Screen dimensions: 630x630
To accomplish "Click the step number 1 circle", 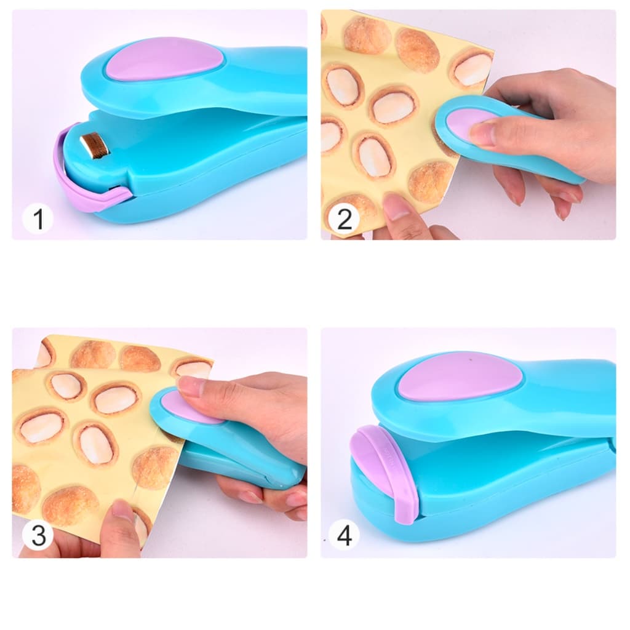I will pos(38,219).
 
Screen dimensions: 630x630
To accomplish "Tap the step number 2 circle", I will pos(345,219).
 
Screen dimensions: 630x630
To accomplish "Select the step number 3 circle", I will pos(38,535).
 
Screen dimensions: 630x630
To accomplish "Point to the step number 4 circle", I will pos(345,535).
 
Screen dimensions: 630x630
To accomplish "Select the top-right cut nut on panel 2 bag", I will pos(472,69).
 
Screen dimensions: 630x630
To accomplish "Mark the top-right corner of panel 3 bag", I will pos(212,361).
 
